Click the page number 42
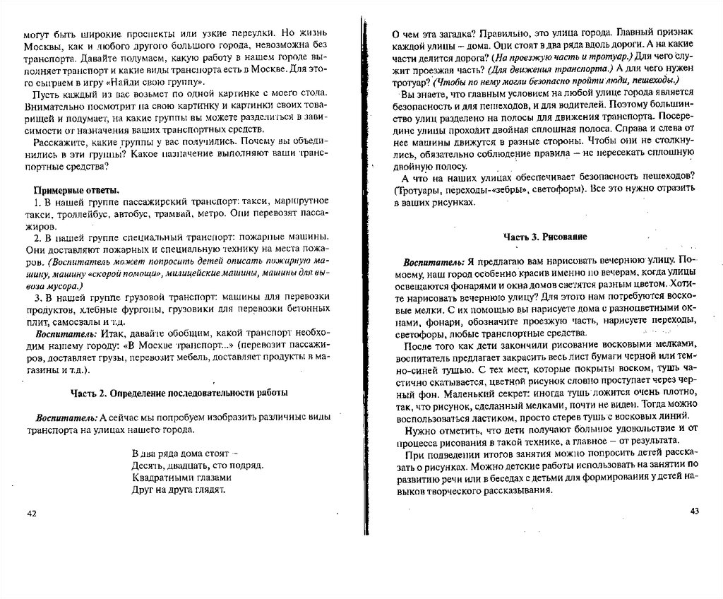tap(30, 513)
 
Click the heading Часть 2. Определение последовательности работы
tap(179, 393)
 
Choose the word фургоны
tap(147, 309)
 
